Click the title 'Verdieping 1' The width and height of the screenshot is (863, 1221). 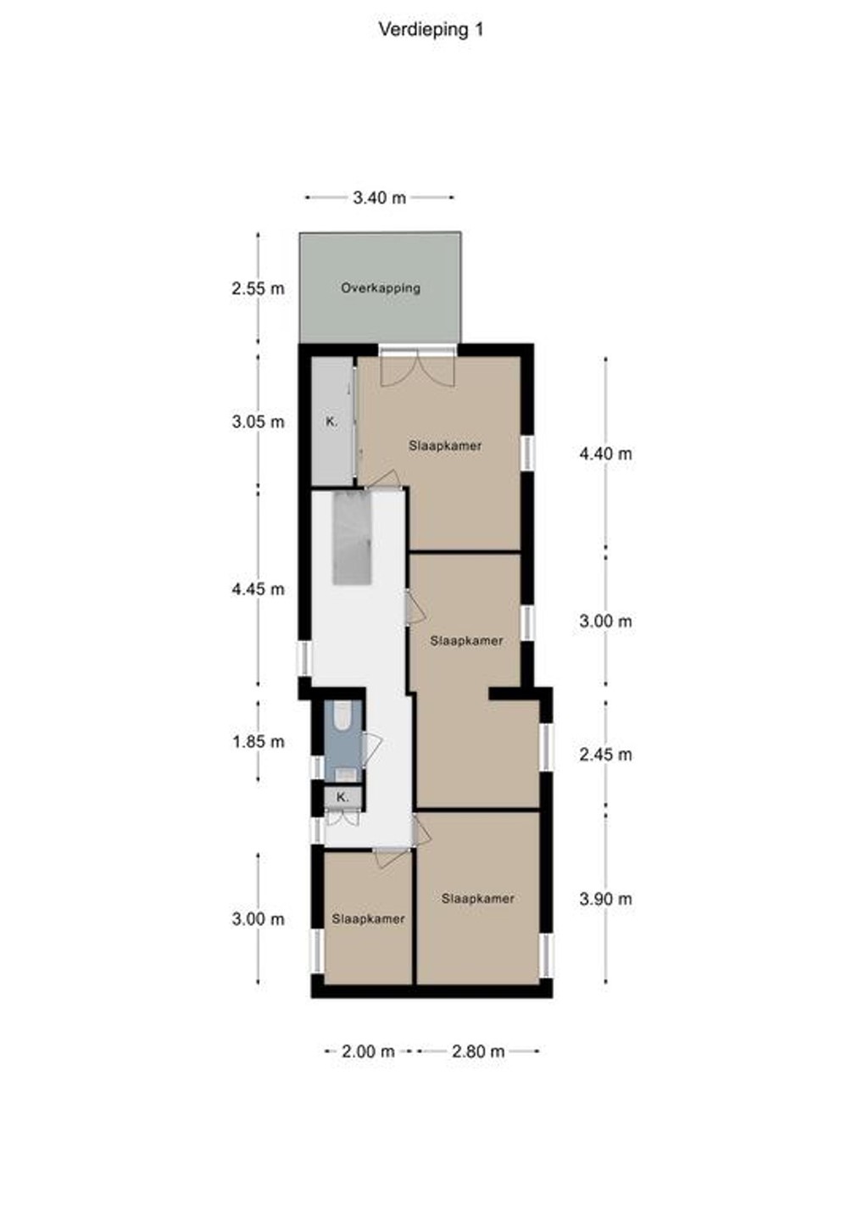pos(431,30)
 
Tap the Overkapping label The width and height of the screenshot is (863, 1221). pos(381,287)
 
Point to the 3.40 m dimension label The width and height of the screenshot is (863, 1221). pos(379,198)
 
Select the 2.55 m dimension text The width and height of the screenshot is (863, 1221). pos(258,288)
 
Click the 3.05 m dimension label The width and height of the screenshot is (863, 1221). pos(258,421)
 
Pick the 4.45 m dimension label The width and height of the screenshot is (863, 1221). pos(258,589)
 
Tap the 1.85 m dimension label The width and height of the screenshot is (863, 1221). pos(258,742)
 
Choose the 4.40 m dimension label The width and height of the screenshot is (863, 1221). pos(605,454)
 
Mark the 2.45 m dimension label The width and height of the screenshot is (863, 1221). pos(605,755)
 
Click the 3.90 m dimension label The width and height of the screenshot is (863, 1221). pos(605,899)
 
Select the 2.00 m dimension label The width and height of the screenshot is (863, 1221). pos(368,1051)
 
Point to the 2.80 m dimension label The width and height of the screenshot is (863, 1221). pos(478,1051)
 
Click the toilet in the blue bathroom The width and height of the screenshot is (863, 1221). pos(342,716)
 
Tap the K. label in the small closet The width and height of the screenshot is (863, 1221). pos(342,797)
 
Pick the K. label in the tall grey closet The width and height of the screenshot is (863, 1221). pos(331,421)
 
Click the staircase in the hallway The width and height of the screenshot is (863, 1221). pos(353,538)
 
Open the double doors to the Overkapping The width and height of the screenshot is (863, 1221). pos(417,366)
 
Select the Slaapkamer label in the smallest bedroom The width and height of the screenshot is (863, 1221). pos(368,919)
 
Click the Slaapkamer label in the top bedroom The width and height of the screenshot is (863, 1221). pos(445,446)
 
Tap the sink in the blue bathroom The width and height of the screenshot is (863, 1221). pos(343,774)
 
